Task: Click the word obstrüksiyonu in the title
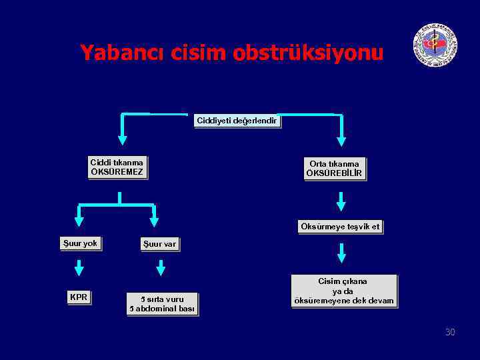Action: [x=308, y=52]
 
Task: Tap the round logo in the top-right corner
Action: [x=435, y=45]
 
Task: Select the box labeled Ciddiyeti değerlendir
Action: [x=237, y=121]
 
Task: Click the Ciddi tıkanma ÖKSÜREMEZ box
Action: [x=117, y=168]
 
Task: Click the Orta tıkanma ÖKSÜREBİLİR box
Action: [x=334, y=169]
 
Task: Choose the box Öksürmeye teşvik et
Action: [x=340, y=227]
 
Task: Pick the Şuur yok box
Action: [x=80, y=243]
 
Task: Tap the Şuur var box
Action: [x=159, y=244]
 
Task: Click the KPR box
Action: [x=79, y=297]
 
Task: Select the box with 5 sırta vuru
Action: [x=162, y=304]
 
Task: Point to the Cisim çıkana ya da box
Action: [x=343, y=291]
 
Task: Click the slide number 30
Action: [x=450, y=332]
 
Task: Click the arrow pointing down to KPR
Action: [x=79, y=268]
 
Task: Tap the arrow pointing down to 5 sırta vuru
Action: [x=160, y=268]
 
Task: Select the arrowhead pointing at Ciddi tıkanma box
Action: [x=123, y=140]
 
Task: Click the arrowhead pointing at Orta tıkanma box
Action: [x=341, y=141]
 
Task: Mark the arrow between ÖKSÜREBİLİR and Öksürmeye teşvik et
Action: [x=341, y=201]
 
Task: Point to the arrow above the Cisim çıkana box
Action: [x=341, y=253]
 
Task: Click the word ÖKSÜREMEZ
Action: [x=117, y=173]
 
